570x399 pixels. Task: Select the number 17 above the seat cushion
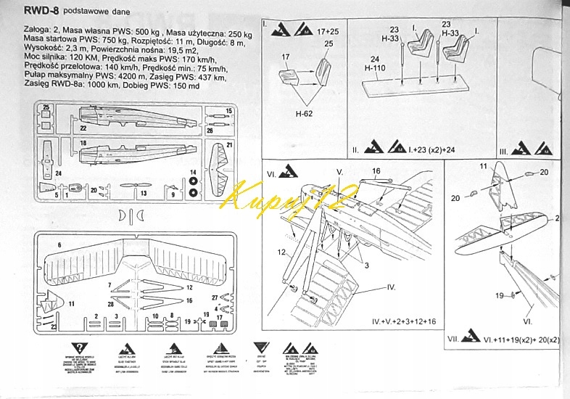[x=286, y=57]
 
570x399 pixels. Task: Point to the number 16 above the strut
[x=376, y=172]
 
